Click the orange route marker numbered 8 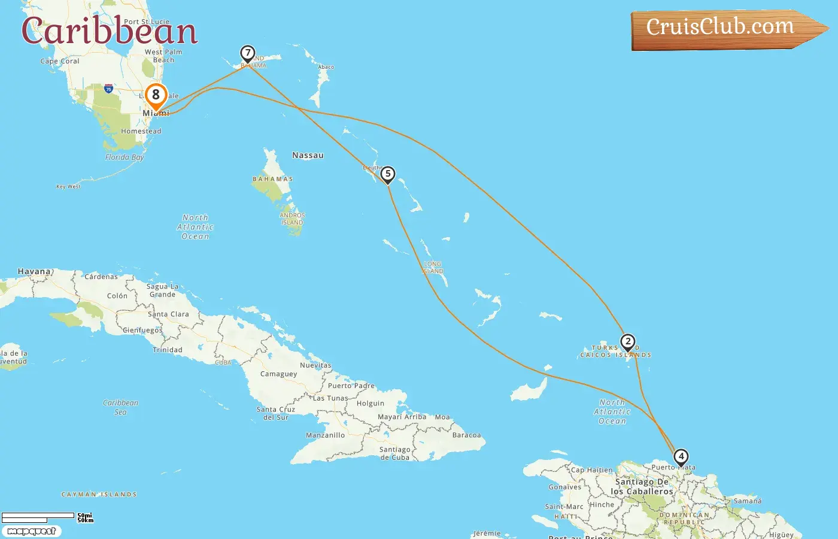(x=156, y=95)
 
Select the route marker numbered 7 (x=247, y=53)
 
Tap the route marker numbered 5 (x=388, y=174)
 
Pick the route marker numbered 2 (x=627, y=342)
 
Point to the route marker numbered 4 (x=681, y=457)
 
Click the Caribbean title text (x=110, y=31)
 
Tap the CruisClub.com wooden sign (x=724, y=28)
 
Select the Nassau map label (x=308, y=155)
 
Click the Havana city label (x=34, y=272)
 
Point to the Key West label (x=68, y=187)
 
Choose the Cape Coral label (x=60, y=61)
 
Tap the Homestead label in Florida (x=141, y=131)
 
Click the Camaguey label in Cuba (x=278, y=374)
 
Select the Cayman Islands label (x=99, y=495)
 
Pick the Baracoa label (x=466, y=435)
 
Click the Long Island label (x=433, y=268)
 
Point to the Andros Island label (x=292, y=219)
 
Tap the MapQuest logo (x=32, y=531)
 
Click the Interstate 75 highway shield (x=108, y=89)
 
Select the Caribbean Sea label (x=120, y=407)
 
